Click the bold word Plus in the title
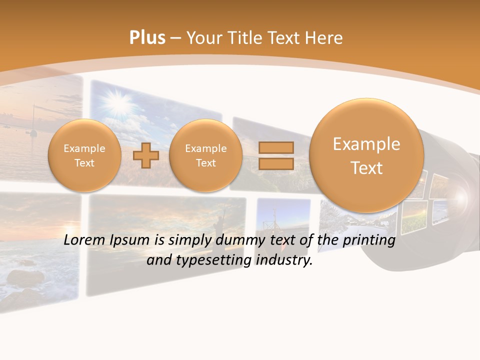[147, 37]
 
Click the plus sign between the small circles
[146, 155]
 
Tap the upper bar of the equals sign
[276, 147]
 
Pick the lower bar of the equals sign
[276, 163]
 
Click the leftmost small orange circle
[84, 155]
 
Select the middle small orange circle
[206, 155]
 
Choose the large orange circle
[366, 155]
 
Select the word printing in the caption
[369, 240]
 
